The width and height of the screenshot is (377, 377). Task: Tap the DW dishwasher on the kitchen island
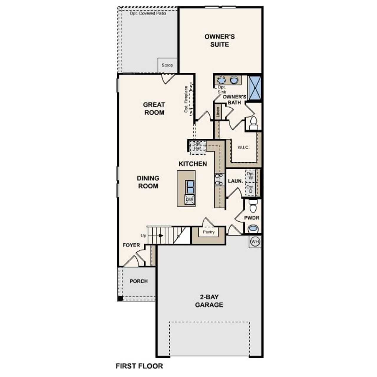tap(190, 200)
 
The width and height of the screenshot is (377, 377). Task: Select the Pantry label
tap(209, 232)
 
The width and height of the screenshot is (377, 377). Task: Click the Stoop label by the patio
tap(167, 65)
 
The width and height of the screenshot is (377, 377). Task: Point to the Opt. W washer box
tap(251, 176)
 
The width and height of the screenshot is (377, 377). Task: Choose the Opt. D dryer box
tap(250, 189)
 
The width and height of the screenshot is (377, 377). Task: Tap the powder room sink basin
tap(253, 228)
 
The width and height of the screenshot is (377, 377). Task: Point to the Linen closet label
tap(218, 112)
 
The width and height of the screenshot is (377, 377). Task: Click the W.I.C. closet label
tap(244, 147)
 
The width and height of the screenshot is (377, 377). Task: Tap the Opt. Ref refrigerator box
tap(197, 146)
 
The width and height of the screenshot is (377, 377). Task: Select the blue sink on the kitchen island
tap(190, 187)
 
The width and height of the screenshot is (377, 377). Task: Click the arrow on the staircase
tap(161, 236)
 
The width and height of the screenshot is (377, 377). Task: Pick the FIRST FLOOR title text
tap(139, 366)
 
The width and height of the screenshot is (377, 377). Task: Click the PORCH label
tap(139, 281)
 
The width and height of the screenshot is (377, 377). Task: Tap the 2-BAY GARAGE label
tap(209, 301)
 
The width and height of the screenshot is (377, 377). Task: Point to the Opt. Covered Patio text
tap(148, 14)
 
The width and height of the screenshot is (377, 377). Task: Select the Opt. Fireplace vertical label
tap(186, 99)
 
